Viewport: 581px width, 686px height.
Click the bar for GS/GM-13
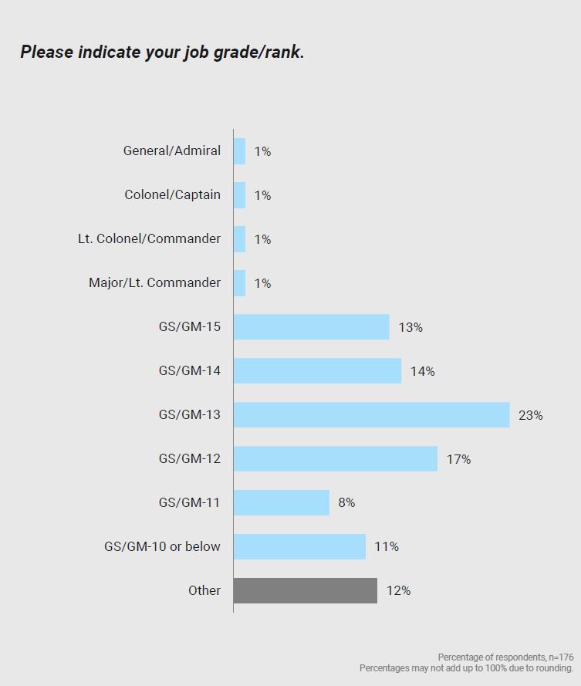click(371, 415)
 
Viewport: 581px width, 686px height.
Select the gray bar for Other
click(305, 590)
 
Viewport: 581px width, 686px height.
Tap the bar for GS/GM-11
click(281, 503)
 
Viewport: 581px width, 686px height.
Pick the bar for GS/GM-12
click(335, 459)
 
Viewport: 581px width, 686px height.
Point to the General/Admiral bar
click(239, 151)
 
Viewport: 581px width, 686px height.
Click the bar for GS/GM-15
click(311, 327)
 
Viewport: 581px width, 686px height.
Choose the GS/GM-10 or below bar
click(299, 547)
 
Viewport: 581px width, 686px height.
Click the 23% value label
click(531, 415)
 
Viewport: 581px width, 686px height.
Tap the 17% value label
click(458, 459)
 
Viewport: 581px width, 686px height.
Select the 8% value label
click(346, 503)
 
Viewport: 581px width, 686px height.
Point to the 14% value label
click(423, 371)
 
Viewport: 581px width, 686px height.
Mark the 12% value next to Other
click(398, 590)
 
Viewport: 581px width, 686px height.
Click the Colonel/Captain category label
click(172, 195)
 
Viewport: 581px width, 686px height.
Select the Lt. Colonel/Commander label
click(149, 239)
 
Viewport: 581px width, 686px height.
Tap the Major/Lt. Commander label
click(154, 283)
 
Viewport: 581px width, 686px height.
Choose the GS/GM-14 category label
click(189, 371)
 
